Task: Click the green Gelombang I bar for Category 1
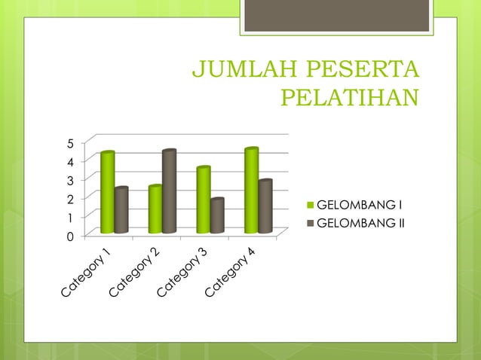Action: point(107,193)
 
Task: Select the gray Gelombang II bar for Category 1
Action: point(121,210)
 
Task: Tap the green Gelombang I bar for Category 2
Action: point(155,209)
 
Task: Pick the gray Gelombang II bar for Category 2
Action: point(169,192)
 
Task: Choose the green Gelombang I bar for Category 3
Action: point(203,200)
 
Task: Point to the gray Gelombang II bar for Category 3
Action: point(217,216)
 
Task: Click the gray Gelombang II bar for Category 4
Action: point(265,206)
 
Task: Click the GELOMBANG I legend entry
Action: point(354,205)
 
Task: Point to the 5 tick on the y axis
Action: point(70,143)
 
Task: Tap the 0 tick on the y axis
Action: point(70,236)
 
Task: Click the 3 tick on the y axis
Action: point(70,181)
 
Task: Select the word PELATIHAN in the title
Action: point(348,98)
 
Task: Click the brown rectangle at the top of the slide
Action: point(335,16)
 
